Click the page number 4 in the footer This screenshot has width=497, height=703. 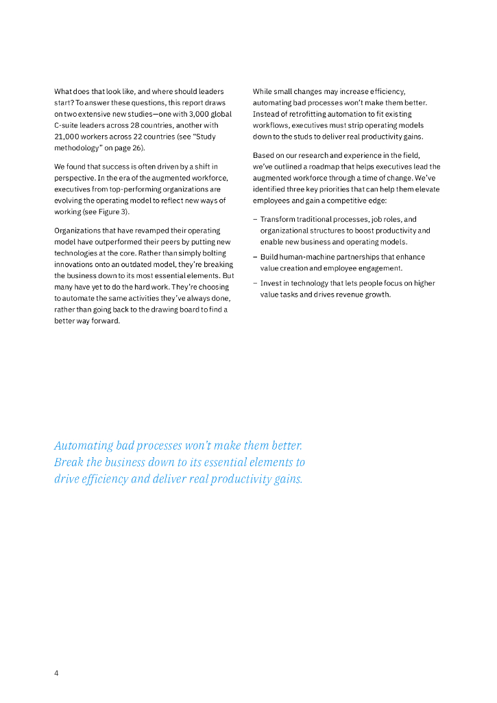[56, 673]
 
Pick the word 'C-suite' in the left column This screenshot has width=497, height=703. [67, 126]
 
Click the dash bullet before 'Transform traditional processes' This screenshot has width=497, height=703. [255, 220]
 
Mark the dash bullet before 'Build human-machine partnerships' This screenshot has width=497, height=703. [255, 257]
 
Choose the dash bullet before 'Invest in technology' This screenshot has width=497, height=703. [255, 284]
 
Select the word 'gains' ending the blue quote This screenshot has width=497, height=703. [287, 479]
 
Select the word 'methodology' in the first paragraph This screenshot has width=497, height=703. [77, 148]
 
